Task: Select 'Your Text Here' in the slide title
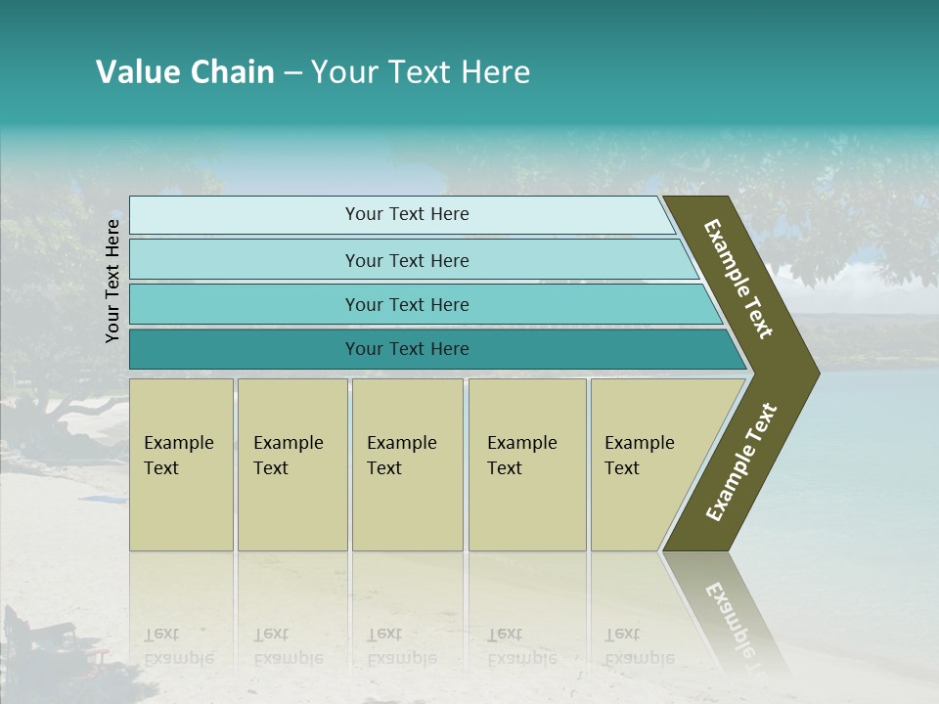[421, 72]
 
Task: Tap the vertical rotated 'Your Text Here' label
[112, 281]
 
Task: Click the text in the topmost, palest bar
[407, 214]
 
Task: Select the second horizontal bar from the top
[407, 260]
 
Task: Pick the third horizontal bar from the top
[407, 304]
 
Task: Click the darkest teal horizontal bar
[407, 349]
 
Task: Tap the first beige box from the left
[181, 464]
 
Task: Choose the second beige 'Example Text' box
[291, 464]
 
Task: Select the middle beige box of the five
[407, 464]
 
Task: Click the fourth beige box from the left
[526, 464]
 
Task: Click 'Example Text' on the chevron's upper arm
[738, 279]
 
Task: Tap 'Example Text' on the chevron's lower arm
[740, 462]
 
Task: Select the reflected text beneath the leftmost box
[178, 646]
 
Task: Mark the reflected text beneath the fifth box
[639, 646]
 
